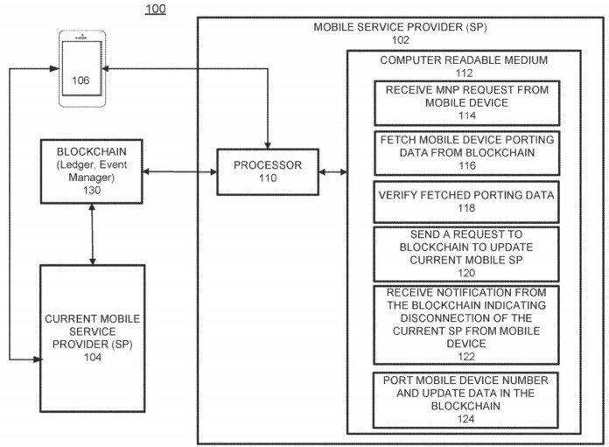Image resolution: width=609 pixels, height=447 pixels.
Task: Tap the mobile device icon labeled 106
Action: coord(80,69)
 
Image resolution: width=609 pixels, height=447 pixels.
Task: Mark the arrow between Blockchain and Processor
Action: coord(179,171)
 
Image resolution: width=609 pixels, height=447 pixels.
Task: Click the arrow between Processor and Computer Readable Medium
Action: coord(333,171)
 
